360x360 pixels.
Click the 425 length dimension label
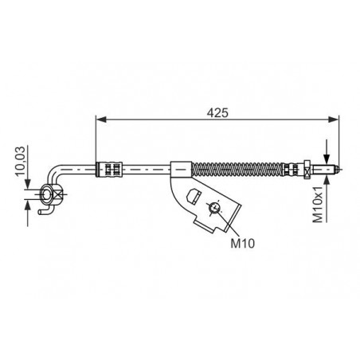tap(217, 113)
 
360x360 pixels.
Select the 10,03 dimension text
tap(20, 162)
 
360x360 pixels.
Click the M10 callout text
tap(242, 243)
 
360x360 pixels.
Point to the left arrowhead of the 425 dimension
tap(101, 119)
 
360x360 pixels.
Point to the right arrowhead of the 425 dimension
tap(334, 119)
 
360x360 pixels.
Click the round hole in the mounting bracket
tap(214, 207)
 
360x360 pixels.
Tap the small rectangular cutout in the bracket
tap(194, 196)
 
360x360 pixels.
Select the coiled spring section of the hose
tap(237, 169)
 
